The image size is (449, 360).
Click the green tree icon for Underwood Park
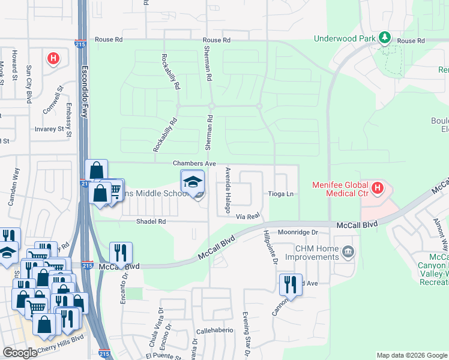coord(385,39)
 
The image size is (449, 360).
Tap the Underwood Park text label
coord(345,39)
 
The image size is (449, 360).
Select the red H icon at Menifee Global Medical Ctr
coord(378,189)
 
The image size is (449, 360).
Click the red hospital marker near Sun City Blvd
coord(53,58)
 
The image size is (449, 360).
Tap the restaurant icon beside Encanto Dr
coord(121,253)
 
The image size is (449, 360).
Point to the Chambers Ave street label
coord(194,163)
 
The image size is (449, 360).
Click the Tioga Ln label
coord(281,194)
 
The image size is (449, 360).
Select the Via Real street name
coord(247,215)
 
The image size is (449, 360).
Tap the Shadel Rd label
coord(151,221)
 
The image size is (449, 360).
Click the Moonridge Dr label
coord(297,232)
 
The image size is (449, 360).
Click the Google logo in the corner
coord(20,353)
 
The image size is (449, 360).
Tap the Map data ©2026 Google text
coord(412,355)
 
